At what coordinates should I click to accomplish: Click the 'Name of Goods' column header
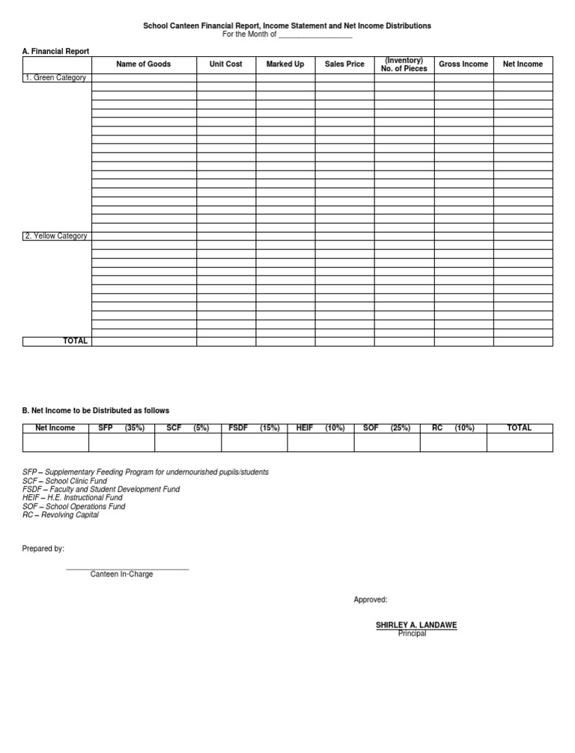(x=144, y=64)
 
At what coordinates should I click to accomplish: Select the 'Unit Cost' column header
(x=225, y=64)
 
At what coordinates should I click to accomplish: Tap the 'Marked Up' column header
(x=285, y=64)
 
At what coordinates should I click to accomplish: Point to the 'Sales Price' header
(x=344, y=64)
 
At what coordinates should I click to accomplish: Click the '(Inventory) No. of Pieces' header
(x=404, y=64)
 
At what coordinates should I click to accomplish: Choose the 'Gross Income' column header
(x=463, y=64)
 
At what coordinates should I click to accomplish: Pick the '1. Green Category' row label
(x=55, y=78)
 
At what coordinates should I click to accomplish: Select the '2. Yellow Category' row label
(x=56, y=237)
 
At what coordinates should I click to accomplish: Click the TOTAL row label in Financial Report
(x=75, y=341)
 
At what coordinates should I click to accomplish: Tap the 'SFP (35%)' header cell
(x=121, y=428)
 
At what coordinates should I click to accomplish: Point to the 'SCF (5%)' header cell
(x=187, y=428)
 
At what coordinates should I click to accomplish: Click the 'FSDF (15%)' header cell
(x=254, y=428)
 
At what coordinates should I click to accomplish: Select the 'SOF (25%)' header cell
(x=386, y=428)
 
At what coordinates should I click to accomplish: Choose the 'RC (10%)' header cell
(x=453, y=428)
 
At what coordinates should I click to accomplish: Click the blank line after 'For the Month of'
(x=314, y=35)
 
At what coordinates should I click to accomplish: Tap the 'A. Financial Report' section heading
(x=55, y=52)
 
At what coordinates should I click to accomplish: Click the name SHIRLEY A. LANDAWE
(x=416, y=625)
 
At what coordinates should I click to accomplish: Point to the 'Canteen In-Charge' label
(x=122, y=574)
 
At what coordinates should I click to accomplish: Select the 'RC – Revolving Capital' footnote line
(x=61, y=515)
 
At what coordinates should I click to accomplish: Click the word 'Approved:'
(x=371, y=600)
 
